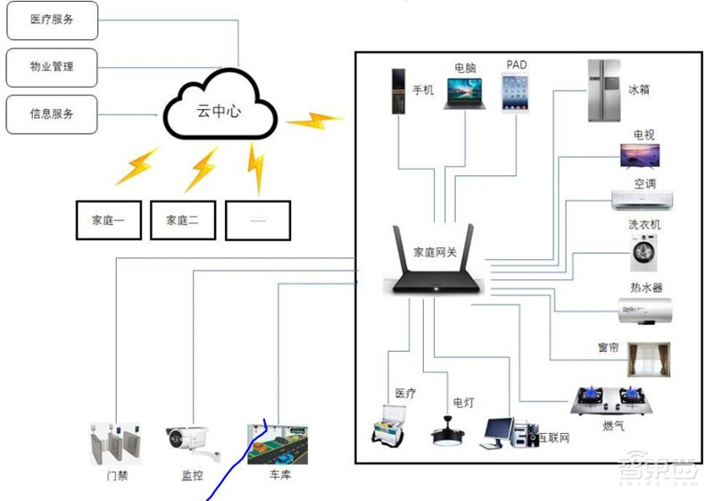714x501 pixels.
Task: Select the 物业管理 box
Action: pos(52,67)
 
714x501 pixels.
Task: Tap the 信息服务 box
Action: pos(52,114)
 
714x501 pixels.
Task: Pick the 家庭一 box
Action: pos(109,221)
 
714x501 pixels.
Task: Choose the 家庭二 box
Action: pos(183,221)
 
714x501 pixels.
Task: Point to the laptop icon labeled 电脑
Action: pos(463,93)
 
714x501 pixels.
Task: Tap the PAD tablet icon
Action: pos(515,93)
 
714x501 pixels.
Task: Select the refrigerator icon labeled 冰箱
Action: pos(604,90)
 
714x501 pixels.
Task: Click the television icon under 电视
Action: pos(641,156)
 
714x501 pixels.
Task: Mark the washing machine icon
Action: pos(644,253)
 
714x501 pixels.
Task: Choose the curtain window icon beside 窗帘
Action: pos(647,359)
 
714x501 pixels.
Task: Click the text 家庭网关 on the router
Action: pos(436,252)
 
